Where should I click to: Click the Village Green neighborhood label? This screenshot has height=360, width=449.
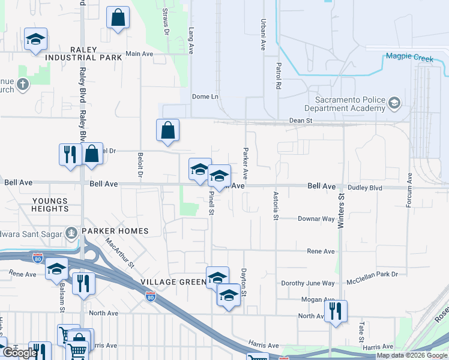click(166, 282)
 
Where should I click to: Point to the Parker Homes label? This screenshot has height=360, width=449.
click(115, 231)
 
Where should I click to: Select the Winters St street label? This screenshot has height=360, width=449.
click(341, 205)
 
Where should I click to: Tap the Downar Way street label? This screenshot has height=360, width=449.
click(316, 219)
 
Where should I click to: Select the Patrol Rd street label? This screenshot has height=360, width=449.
click(279, 76)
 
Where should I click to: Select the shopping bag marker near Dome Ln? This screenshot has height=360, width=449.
click(168, 130)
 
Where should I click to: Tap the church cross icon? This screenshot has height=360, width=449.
click(23, 84)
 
